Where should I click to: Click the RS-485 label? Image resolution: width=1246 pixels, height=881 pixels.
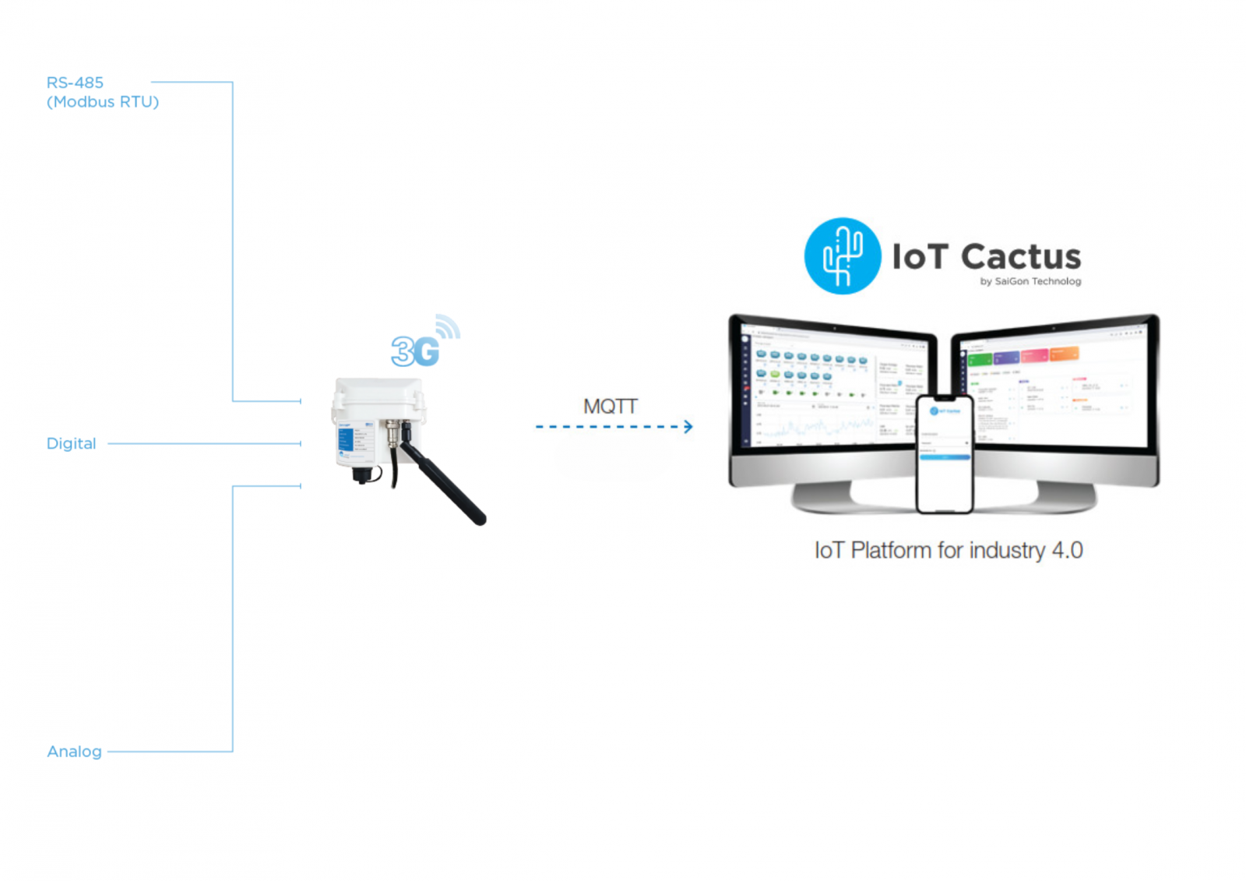75,83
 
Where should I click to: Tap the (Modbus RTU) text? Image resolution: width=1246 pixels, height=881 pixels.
103,102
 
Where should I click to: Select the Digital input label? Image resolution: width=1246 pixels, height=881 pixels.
72,443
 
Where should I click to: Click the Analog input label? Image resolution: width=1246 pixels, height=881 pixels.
75,752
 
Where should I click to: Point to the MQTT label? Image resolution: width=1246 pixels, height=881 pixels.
611,407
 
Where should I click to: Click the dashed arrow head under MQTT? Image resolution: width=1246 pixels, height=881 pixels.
688,427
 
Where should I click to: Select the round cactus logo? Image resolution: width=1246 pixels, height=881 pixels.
842,256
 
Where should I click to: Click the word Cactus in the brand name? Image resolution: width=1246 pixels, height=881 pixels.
1020,257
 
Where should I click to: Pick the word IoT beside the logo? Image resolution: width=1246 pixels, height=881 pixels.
920,257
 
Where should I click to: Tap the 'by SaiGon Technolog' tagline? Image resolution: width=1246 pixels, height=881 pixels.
1030,281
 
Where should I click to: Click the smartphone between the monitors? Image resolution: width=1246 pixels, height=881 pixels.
945,454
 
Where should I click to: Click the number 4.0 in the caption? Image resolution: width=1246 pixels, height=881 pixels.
1067,551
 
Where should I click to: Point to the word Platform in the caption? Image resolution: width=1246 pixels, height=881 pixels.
891,551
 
